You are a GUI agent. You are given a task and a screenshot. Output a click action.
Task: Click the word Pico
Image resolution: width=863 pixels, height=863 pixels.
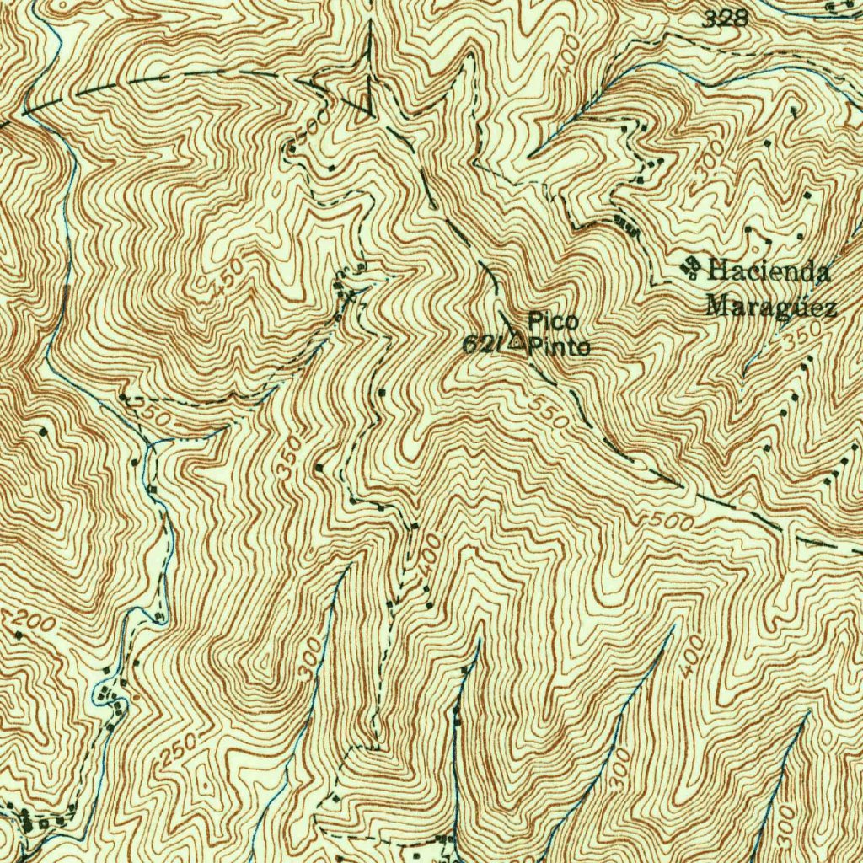click(553, 320)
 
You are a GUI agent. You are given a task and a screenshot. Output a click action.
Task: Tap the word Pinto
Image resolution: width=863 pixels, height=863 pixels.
click(560, 346)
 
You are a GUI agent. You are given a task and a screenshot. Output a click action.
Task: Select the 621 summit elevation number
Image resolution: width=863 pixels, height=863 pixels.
click(483, 344)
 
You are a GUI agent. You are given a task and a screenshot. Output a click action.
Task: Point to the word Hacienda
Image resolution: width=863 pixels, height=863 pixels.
click(769, 271)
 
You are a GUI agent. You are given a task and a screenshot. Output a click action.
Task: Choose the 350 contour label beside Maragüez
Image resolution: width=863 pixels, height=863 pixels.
click(795, 342)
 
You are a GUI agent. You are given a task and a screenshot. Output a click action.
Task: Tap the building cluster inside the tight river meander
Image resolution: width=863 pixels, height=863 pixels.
click(108, 694)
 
